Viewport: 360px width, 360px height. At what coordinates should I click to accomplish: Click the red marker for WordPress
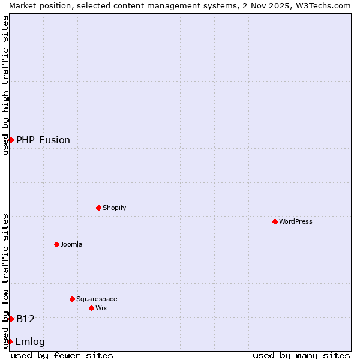tap(275, 221)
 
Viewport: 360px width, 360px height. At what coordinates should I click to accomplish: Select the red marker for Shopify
tap(98, 208)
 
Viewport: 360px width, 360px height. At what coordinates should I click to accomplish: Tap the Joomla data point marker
tap(56, 244)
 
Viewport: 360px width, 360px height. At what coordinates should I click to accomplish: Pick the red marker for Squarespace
tap(72, 299)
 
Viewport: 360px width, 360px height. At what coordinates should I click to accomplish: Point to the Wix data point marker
tap(91, 308)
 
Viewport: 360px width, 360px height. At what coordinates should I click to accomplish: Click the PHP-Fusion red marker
tap(11, 140)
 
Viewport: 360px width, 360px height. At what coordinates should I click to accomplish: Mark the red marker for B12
tap(11, 319)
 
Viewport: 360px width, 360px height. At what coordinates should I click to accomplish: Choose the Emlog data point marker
tap(10, 341)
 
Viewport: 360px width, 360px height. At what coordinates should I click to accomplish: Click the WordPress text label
tap(296, 221)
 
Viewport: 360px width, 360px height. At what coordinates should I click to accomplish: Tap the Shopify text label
tap(114, 208)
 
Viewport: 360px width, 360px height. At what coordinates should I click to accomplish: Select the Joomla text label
tap(71, 244)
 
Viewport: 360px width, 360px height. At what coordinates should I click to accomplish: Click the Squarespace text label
tap(97, 299)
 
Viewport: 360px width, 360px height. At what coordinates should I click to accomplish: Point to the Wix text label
tap(101, 308)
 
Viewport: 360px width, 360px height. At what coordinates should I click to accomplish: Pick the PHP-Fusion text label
tap(43, 140)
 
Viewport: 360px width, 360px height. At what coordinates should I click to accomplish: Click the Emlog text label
tap(30, 342)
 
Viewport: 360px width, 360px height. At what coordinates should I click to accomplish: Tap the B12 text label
tap(26, 319)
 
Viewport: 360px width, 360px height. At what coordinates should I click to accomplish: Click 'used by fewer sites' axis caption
tap(62, 355)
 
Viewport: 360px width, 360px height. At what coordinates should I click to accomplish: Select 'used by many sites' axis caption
tap(301, 355)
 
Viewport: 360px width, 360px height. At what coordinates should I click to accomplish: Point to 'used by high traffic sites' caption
tap(5, 85)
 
